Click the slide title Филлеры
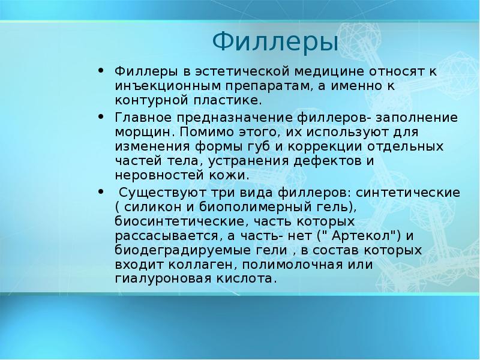(x=275, y=43)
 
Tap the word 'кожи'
(x=230, y=176)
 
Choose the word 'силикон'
(x=149, y=208)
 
